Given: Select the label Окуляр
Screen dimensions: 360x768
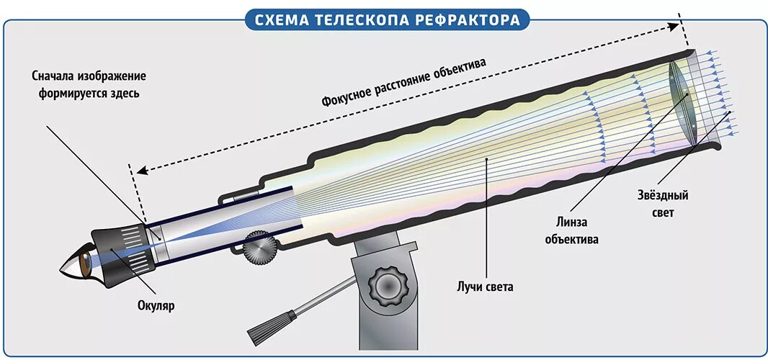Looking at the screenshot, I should click(156, 306).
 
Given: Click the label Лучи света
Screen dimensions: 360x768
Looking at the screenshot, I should click(485, 287).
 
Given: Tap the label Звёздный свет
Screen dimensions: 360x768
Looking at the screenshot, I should click(663, 204).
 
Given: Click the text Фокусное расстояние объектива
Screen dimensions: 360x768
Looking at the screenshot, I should click(403, 83).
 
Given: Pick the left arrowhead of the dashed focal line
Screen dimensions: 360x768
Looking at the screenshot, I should click(142, 171).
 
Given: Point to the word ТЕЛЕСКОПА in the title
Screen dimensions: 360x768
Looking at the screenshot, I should click(362, 19).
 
